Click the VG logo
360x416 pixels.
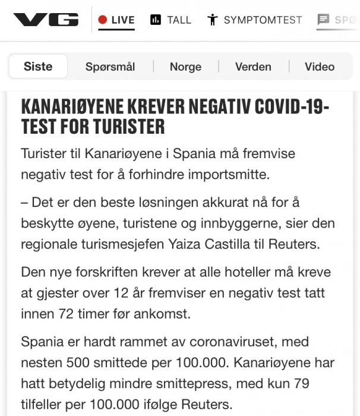(46, 20)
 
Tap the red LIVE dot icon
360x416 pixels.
(102, 20)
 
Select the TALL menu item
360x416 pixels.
(179, 20)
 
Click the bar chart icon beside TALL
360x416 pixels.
(156, 20)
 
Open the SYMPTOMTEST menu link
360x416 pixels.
(263, 20)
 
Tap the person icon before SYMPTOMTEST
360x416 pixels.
(212, 20)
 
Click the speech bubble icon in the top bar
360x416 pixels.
(323, 20)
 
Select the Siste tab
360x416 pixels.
(38, 67)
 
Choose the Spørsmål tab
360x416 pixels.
(110, 67)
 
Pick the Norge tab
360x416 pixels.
(185, 67)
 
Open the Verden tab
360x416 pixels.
(253, 67)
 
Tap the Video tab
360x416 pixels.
(320, 67)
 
